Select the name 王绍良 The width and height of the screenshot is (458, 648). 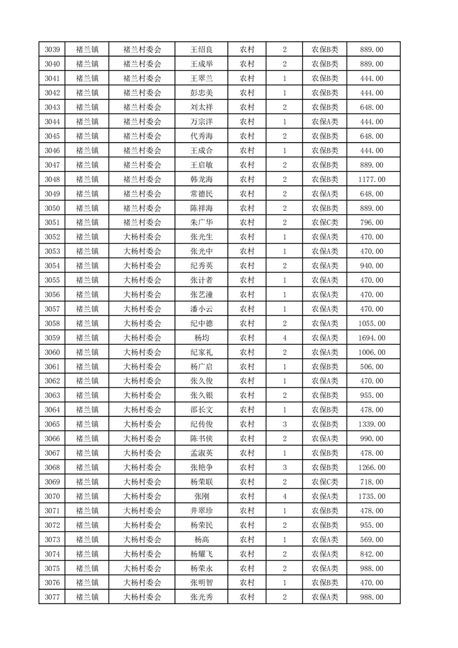pyautogui.click(x=201, y=50)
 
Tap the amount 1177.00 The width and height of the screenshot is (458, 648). pyautogui.click(x=371, y=180)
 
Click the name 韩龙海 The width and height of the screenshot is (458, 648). pyautogui.click(x=201, y=180)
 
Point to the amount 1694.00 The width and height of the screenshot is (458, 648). pyautogui.click(x=371, y=338)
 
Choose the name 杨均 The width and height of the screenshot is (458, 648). pyautogui.click(x=201, y=338)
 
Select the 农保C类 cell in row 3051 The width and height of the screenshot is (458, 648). pyautogui.click(x=325, y=222)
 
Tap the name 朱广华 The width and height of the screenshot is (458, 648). pyautogui.click(x=201, y=222)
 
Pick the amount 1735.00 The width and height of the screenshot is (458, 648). pyautogui.click(x=371, y=496)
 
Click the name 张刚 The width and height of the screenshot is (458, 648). pyautogui.click(x=201, y=496)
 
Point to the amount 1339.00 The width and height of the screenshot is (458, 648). pyautogui.click(x=371, y=424)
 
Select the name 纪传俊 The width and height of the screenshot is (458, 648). pyautogui.click(x=201, y=424)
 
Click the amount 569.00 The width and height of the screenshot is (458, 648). pyautogui.click(x=371, y=539)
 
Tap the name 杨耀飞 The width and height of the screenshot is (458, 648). pyautogui.click(x=201, y=554)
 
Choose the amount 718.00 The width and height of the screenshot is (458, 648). pyautogui.click(x=371, y=482)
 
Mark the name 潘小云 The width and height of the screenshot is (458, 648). pyautogui.click(x=201, y=309)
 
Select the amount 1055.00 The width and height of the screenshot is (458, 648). pyautogui.click(x=371, y=323)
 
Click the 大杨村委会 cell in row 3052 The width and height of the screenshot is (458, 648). pyautogui.click(x=142, y=237)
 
